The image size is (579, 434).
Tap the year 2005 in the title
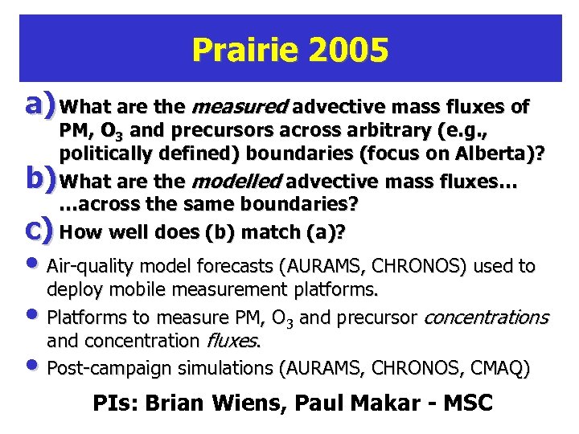pos(348,51)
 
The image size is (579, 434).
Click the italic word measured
pos(238,106)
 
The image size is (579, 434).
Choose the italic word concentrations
pos(485,317)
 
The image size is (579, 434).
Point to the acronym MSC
pos(464,403)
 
